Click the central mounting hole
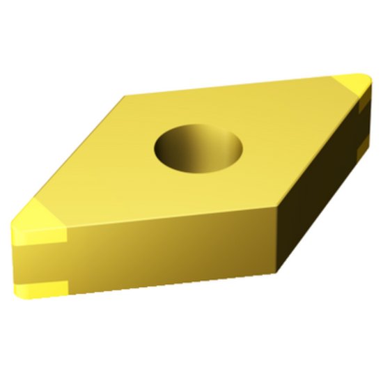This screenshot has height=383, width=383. coord(199,148)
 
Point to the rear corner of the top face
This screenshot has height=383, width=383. coord(125,97)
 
